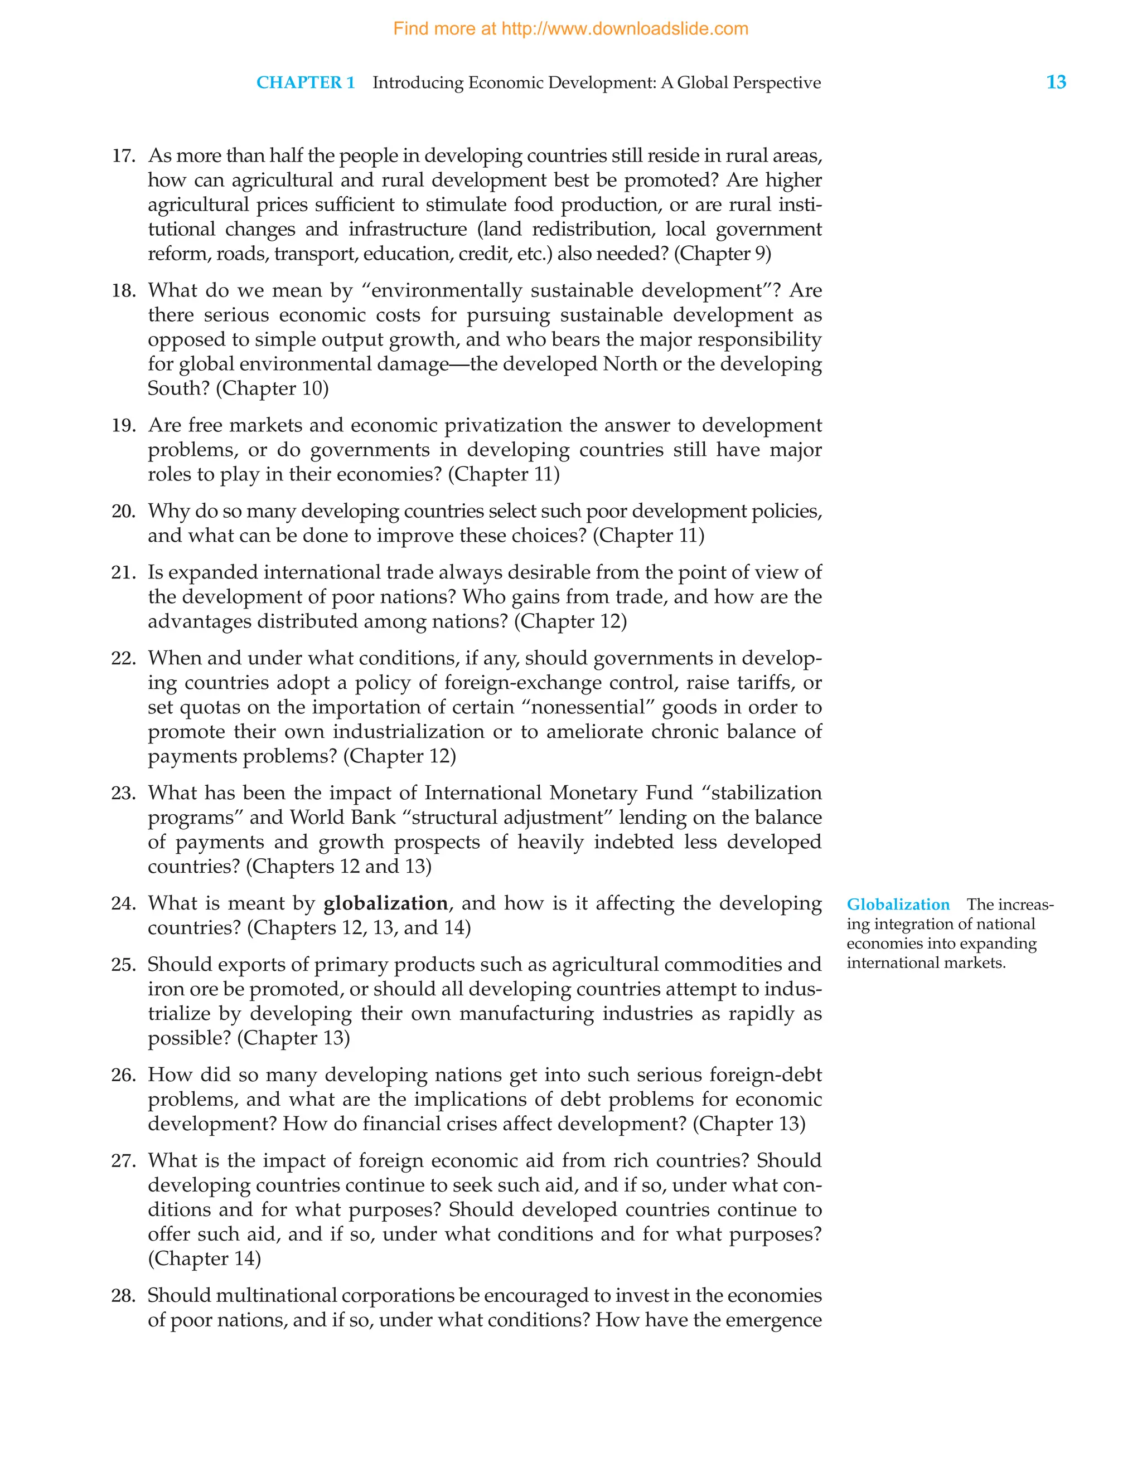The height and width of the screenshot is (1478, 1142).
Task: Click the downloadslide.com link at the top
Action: [570, 29]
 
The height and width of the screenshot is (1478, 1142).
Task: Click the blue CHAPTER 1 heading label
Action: [306, 82]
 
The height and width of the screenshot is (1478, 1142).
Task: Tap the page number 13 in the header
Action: [1056, 82]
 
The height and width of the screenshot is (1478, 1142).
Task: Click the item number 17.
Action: [123, 155]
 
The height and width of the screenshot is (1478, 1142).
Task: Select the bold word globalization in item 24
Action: [385, 903]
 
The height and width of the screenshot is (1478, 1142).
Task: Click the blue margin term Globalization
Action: [898, 905]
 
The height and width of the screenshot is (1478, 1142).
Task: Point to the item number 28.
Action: [123, 1295]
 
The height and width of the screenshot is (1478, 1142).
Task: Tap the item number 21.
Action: [123, 572]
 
